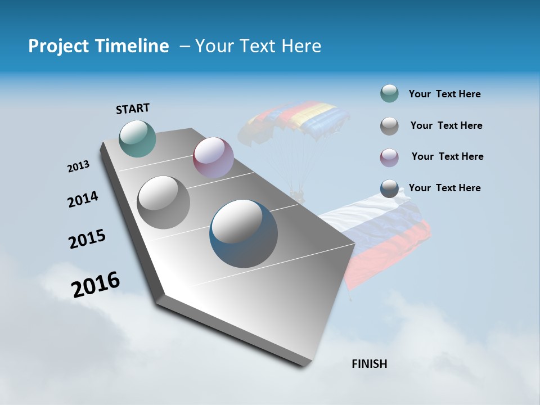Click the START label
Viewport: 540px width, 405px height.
tap(133, 108)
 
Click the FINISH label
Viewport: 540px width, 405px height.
tap(369, 364)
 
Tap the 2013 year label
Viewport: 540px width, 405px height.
tap(78, 166)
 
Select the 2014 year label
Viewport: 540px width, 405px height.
tap(83, 200)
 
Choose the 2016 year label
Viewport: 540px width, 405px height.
tap(96, 285)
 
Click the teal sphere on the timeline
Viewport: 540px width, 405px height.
tap(138, 138)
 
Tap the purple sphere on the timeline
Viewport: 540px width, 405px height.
tap(213, 157)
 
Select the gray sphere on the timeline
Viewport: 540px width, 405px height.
tap(164, 202)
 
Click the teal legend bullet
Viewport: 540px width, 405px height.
tap(389, 94)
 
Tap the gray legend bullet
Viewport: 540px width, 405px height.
tap(389, 126)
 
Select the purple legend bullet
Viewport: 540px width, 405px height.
tap(389, 157)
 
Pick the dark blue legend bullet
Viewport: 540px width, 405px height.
tap(389, 188)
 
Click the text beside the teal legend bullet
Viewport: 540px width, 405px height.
tap(444, 94)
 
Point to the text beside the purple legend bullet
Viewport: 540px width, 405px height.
tap(447, 156)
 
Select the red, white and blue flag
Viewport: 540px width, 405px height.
tap(382, 236)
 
